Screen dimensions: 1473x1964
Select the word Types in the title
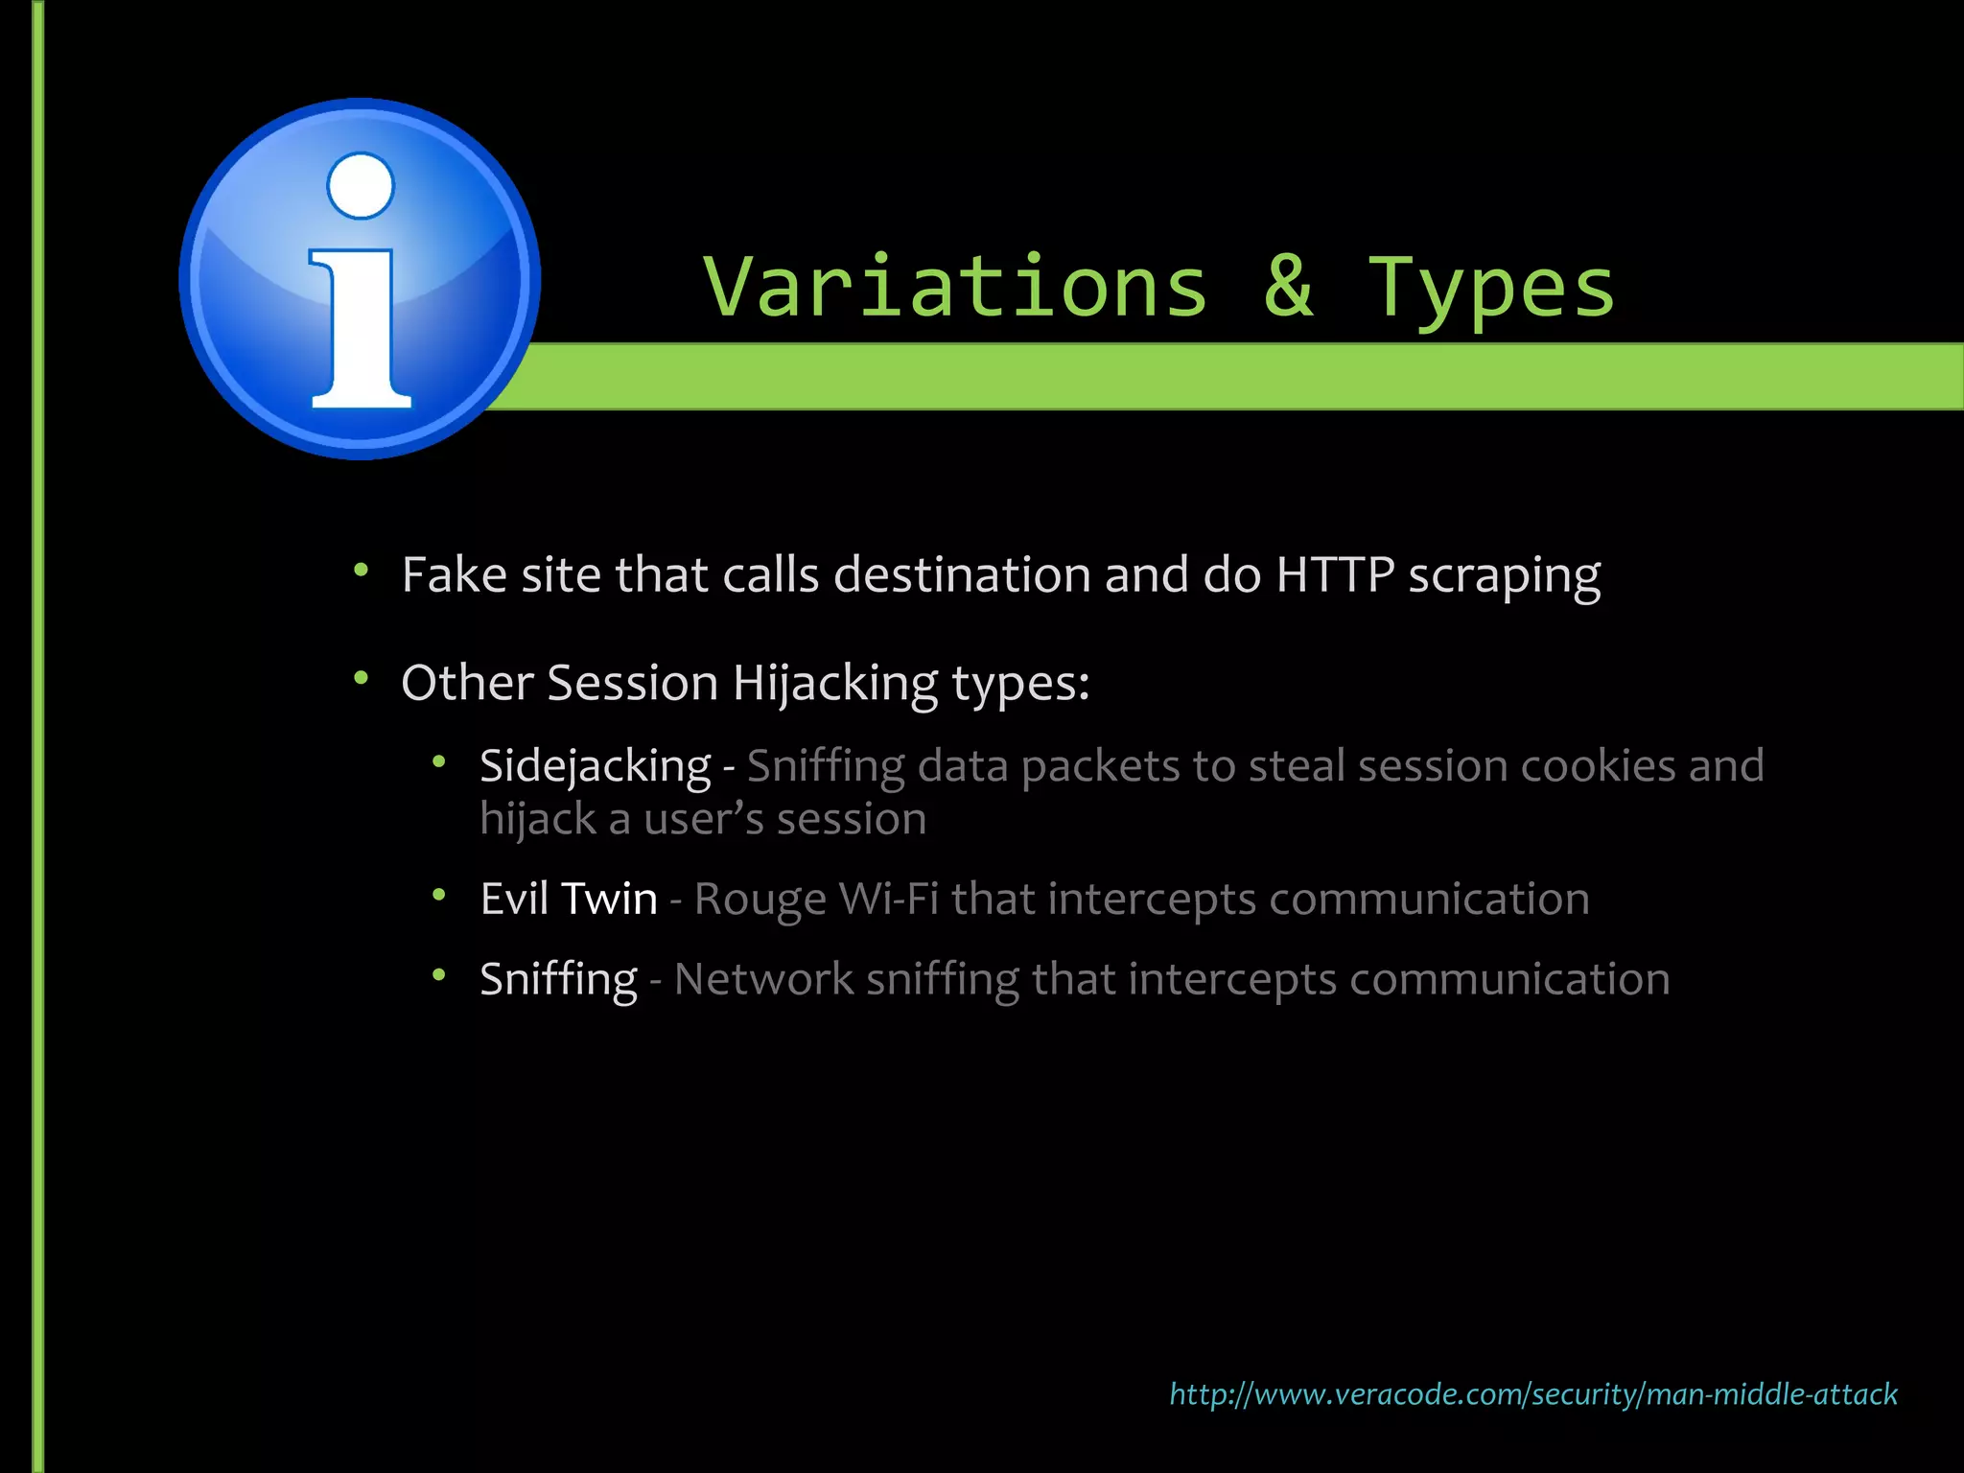click(1492, 288)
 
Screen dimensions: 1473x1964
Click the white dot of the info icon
click(361, 186)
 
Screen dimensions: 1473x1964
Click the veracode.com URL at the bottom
click(1532, 1393)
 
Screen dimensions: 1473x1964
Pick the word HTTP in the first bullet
click(1334, 575)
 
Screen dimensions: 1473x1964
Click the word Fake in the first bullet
click(454, 575)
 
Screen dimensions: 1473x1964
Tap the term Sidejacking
click(596, 766)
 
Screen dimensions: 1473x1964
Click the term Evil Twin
click(569, 900)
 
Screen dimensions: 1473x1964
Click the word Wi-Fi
click(888, 900)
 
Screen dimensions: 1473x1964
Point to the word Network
click(763, 980)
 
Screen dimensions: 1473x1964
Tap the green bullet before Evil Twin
click(439, 896)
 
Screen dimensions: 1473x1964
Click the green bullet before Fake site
click(361, 572)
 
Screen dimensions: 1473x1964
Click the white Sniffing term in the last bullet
click(558, 980)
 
